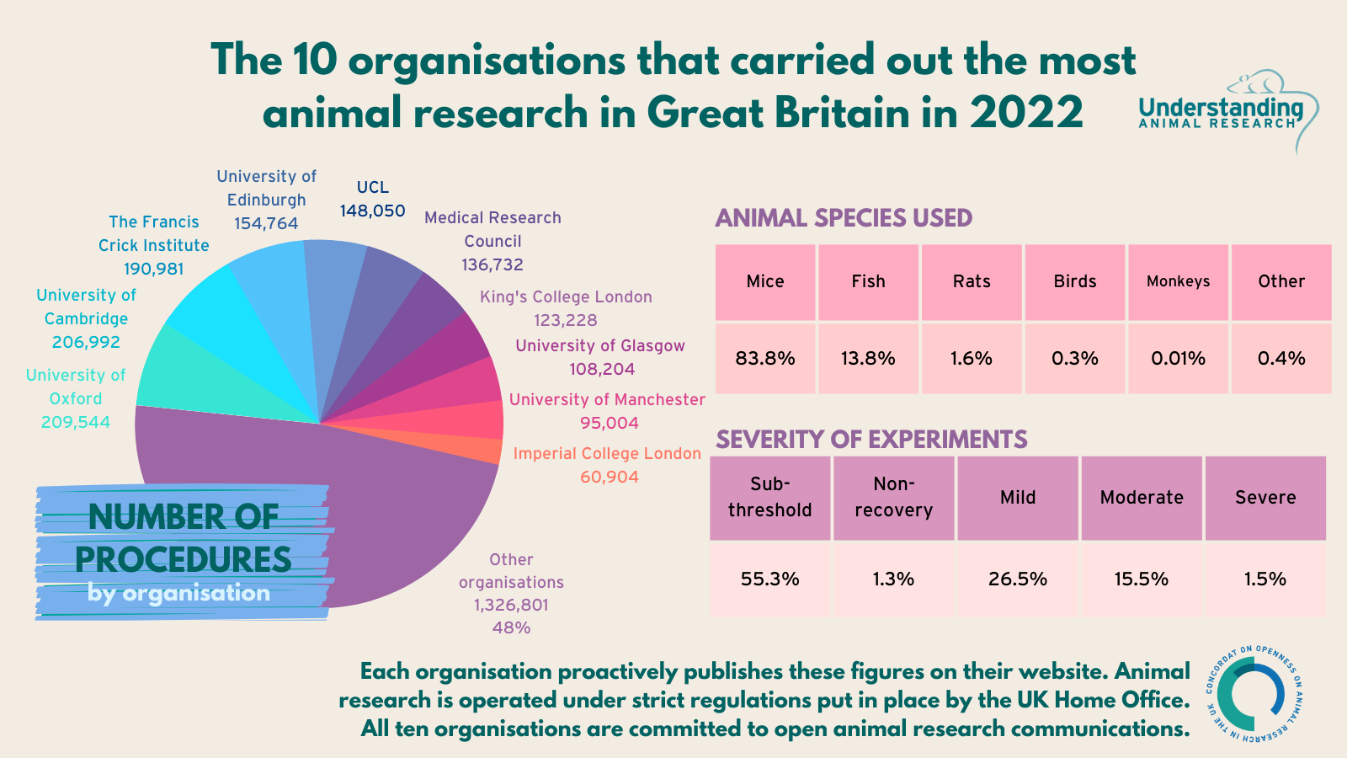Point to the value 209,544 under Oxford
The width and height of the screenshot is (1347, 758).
pyautogui.click(x=76, y=422)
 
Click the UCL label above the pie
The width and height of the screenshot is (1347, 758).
pyautogui.click(x=372, y=187)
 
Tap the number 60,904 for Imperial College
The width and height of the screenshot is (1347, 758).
pyautogui.click(x=609, y=477)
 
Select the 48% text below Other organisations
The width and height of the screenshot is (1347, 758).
pyautogui.click(x=511, y=627)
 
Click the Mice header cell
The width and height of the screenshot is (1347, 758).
pyautogui.click(x=765, y=282)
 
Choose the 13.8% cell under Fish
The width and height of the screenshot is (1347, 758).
pyautogui.click(x=868, y=359)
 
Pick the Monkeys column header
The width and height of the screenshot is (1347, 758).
pyautogui.click(x=1178, y=282)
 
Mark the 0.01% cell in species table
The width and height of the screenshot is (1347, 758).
pyautogui.click(x=1178, y=359)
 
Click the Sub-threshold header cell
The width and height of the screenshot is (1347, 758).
pyautogui.click(x=769, y=497)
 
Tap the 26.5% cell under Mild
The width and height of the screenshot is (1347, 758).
pyautogui.click(x=1017, y=579)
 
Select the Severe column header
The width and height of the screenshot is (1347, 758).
pyautogui.click(x=1265, y=497)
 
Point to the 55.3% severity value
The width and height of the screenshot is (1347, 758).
pyautogui.click(x=769, y=579)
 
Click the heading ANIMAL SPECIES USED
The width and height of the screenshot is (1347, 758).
pyautogui.click(x=844, y=218)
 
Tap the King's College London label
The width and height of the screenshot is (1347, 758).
pyautogui.click(x=566, y=296)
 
